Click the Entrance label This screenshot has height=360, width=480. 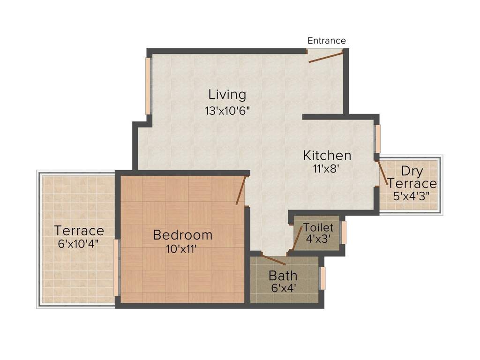[x=327, y=41]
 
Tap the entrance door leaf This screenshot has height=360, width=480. [x=325, y=57]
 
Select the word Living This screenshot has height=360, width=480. [x=227, y=94]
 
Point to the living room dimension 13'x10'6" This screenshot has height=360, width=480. [x=227, y=111]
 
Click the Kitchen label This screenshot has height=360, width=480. [x=327, y=155]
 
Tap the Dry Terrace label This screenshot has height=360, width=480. [x=412, y=177]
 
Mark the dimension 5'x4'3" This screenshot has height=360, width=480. [x=412, y=195]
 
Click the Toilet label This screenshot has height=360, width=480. [x=318, y=228]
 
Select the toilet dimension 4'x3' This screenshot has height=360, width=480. [x=318, y=239]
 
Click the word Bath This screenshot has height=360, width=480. [x=283, y=275]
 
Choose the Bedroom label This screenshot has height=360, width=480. [x=182, y=235]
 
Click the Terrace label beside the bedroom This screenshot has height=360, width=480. [x=79, y=231]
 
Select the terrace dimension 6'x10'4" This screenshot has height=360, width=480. [x=79, y=244]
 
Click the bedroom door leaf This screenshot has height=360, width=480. [x=241, y=190]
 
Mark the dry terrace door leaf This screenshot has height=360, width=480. [x=383, y=175]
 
